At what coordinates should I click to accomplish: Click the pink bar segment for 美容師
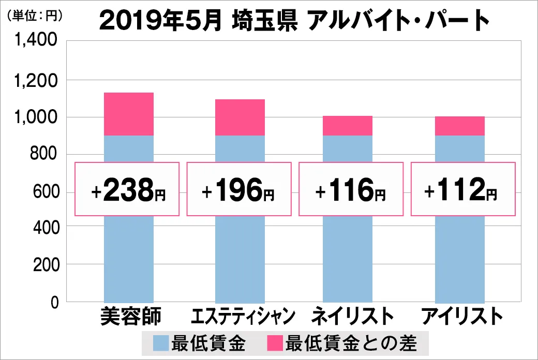click(x=129, y=114)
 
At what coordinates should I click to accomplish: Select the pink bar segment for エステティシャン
click(x=240, y=117)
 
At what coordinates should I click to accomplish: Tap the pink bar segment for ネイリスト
click(x=348, y=126)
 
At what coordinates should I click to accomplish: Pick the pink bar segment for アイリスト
click(x=460, y=126)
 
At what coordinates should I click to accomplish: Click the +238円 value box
click(x=127, y=189)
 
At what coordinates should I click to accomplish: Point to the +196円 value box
click(x=238, y=189)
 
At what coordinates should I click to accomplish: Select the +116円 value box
click(x=351, y=189)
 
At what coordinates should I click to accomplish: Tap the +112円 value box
click(x=463, y=189)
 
